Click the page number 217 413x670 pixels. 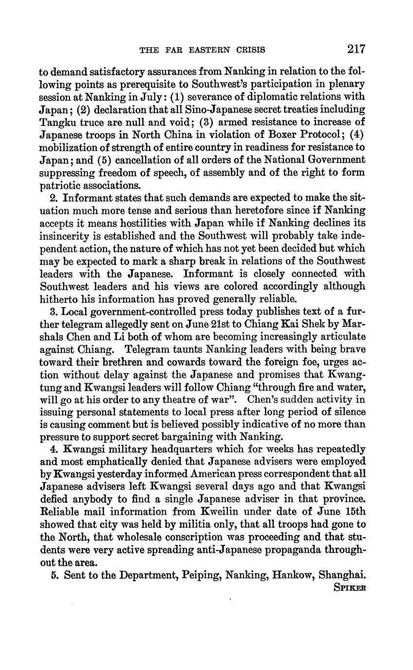coord(356,49)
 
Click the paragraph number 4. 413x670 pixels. coord(54,449)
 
